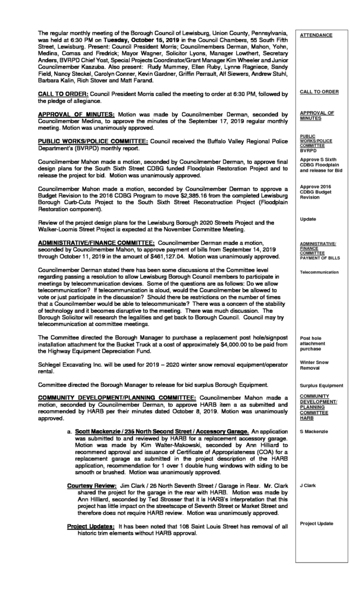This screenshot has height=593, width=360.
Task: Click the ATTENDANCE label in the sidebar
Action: coord(316,36)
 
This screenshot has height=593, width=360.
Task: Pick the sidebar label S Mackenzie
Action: coord(314,432)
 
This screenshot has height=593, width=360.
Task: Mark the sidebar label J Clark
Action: coord(308,485)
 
